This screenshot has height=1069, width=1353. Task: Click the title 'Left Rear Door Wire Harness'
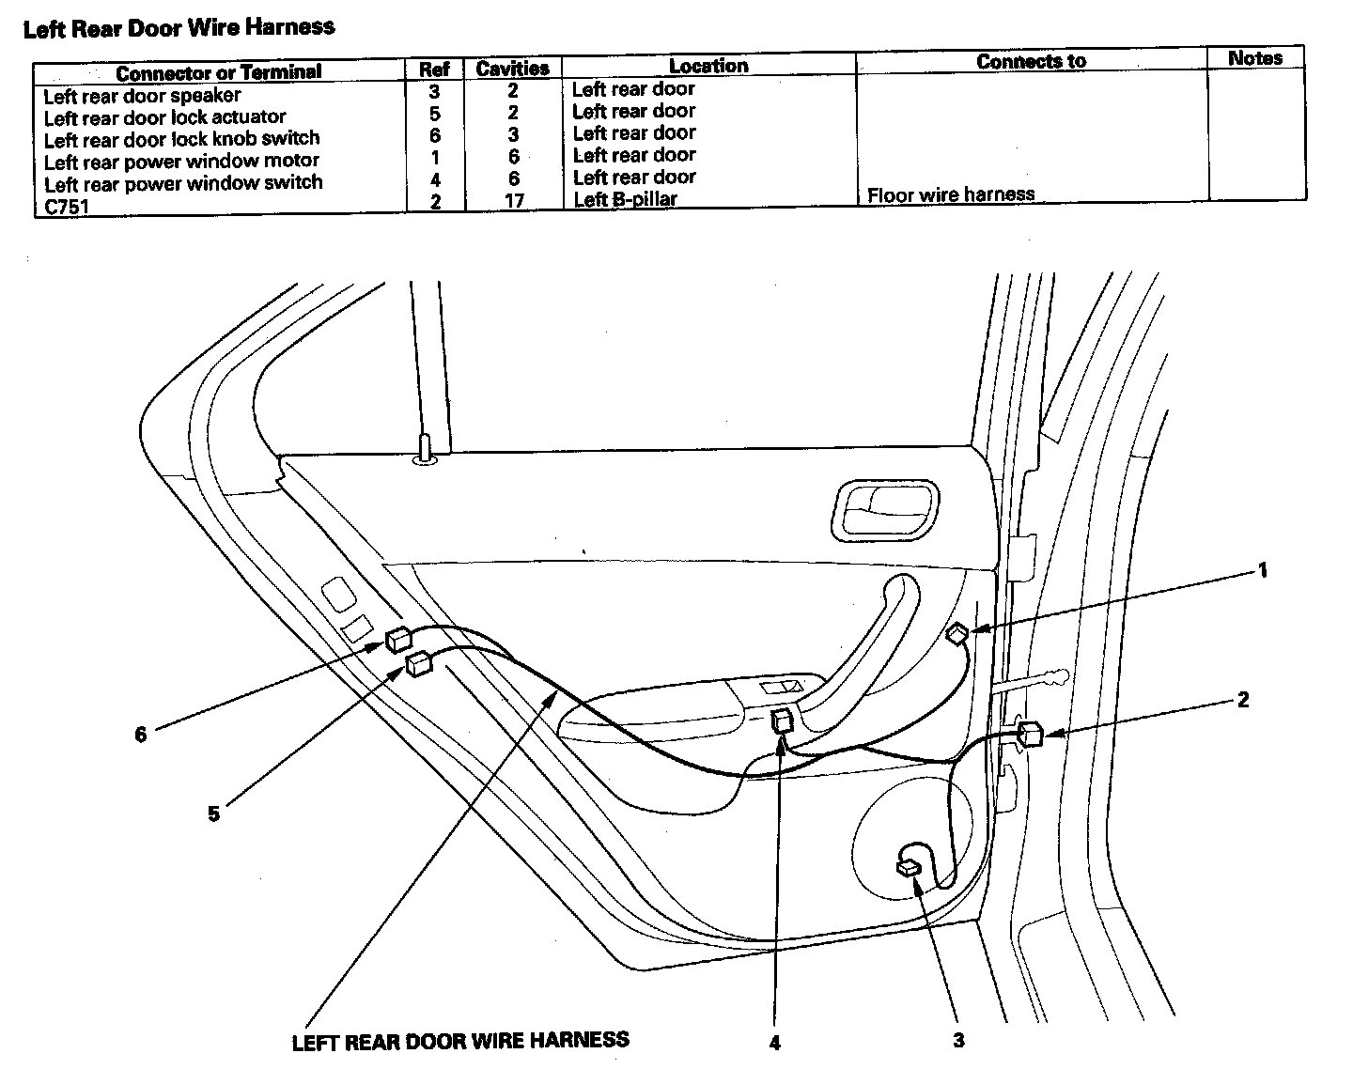[x=179, y=27]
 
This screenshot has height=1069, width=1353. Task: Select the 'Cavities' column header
[x=512, y=69]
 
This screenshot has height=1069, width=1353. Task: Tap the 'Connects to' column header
[x=1031, y=62]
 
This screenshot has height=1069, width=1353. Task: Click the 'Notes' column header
[x=1254, y=58]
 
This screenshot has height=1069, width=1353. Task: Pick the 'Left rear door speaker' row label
[x=142, y=96]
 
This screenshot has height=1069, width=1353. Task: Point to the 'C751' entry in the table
[x=66, y=206]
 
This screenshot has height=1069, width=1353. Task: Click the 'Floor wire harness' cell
[x=950, y=195]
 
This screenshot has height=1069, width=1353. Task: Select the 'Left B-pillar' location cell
[x=625, y=199]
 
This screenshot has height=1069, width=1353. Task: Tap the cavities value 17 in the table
[x=514, y=200]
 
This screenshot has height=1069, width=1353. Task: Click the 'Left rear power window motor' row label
[x=181, y=161]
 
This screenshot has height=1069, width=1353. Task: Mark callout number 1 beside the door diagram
[x=1263, y=570]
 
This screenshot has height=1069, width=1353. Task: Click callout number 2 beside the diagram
[x=1243, y=700]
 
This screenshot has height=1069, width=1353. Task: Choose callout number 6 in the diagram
[x=141, y=735]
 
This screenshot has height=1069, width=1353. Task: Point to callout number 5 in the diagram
[x=214, y=813]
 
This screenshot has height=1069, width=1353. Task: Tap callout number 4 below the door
[x=774, y=1043]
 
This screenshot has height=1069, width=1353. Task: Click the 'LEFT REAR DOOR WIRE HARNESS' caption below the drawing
[x=460, y=1041]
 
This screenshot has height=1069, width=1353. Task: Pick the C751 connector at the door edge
[x=1029, y=733]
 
